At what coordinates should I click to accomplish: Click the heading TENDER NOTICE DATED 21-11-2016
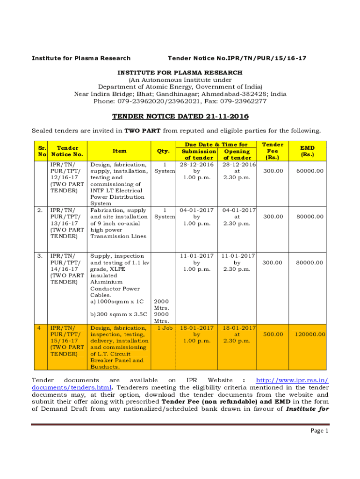click(180, 116)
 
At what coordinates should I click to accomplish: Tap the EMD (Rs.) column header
click(307, 151)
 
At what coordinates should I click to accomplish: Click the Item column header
click(120, 151)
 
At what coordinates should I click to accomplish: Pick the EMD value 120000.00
click(310, 334)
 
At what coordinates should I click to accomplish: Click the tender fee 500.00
click(273, 334)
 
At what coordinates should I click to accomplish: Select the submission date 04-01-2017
click(196, 210)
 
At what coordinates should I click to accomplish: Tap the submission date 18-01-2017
click(196, 328)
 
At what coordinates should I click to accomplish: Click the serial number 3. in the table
click(40, 256)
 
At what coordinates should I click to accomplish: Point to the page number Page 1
click(320, 431)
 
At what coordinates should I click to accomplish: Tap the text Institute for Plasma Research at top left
click(81, 58)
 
